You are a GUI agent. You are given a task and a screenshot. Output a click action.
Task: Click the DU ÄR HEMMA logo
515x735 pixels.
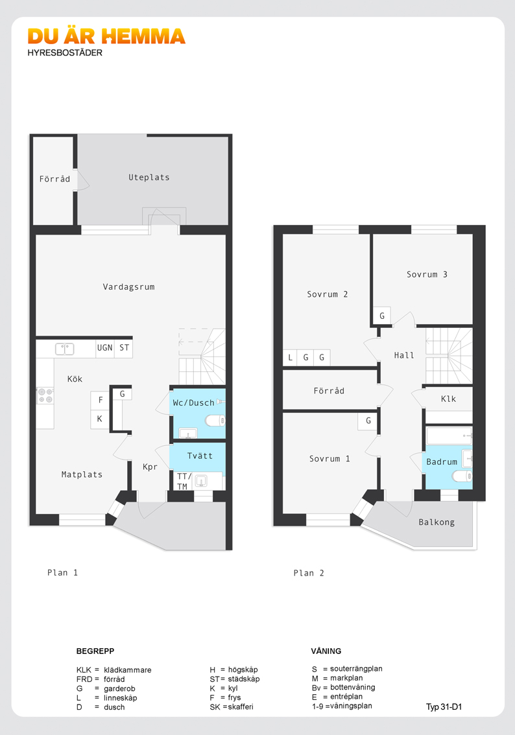106,36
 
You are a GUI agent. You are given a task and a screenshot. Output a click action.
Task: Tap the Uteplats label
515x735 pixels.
149,177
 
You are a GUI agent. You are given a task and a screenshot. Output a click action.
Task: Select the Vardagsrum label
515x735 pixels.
128,287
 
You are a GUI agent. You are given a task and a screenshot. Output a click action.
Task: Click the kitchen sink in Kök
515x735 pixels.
65,349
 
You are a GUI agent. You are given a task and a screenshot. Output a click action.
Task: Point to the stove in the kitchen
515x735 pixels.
45,395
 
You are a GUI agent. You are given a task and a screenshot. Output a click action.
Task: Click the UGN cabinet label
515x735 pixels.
104,348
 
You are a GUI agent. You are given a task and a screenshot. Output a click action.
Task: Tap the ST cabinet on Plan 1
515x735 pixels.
124,348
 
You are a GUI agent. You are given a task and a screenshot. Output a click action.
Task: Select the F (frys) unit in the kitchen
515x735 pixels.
100,401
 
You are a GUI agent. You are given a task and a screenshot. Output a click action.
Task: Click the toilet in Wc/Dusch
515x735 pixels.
215,421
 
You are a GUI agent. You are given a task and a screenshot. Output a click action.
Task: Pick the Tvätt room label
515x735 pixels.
200,456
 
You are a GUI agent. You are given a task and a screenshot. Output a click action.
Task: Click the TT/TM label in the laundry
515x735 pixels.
182,482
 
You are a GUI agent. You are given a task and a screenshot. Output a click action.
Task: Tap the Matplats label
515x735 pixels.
82,474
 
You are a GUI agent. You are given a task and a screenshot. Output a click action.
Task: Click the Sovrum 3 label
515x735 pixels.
427,274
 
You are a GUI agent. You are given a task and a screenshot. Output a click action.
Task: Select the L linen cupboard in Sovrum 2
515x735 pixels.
290,358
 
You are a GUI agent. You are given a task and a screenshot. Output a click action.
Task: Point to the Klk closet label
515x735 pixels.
448,399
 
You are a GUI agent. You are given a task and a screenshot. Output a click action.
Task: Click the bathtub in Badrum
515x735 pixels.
449,436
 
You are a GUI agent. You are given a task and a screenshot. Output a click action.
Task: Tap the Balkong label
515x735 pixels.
437,522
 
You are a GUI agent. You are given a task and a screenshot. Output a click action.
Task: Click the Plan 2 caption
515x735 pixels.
309,573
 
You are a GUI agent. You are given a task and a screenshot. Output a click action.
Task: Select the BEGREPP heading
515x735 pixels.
95,651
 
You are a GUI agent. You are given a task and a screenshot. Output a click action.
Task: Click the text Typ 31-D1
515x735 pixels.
444,707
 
